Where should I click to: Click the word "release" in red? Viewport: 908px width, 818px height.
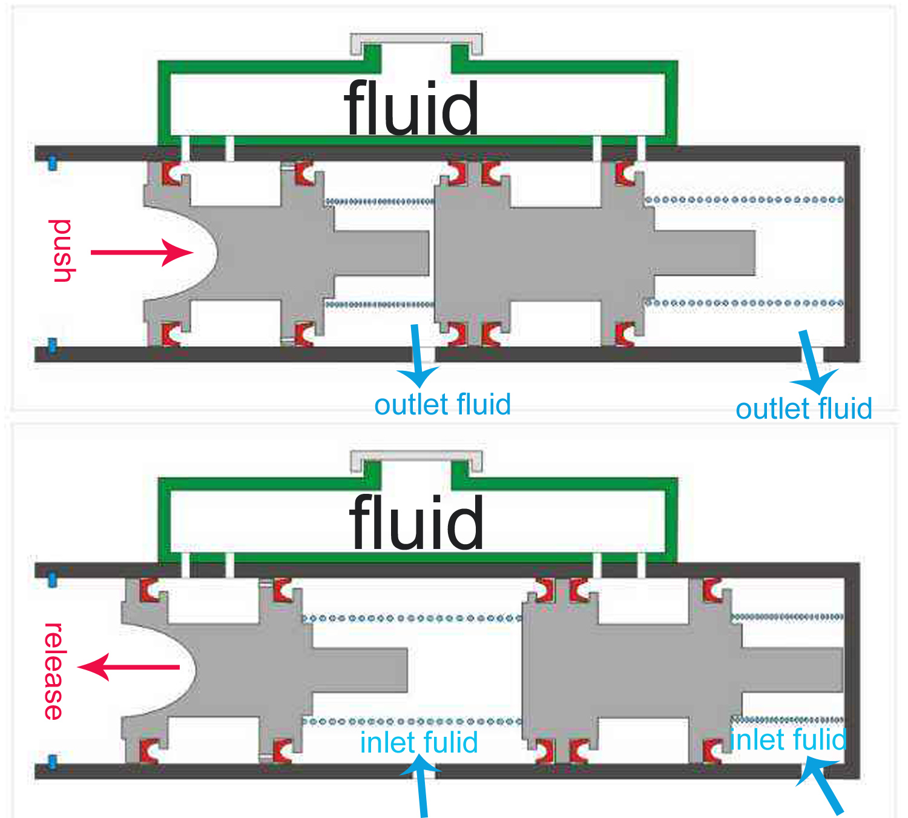pos(54,671)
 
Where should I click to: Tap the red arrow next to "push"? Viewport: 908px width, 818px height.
pos(142,252)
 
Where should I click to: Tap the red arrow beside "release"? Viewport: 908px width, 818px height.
pos(128,667)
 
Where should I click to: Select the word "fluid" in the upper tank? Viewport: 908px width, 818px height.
pos(412,109)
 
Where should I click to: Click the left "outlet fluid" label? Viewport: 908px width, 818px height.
pos(442,405)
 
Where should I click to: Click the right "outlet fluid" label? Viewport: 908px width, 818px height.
pos(803,409)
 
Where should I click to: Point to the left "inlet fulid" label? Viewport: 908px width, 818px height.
pos(419,742)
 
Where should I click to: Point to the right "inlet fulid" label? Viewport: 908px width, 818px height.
pos(788,740)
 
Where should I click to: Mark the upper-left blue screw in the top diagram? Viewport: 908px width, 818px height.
pos(52,162)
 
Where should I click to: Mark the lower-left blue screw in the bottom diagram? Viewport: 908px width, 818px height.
pos(52,761)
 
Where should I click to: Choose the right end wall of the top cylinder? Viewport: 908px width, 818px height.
pos(853,254)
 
